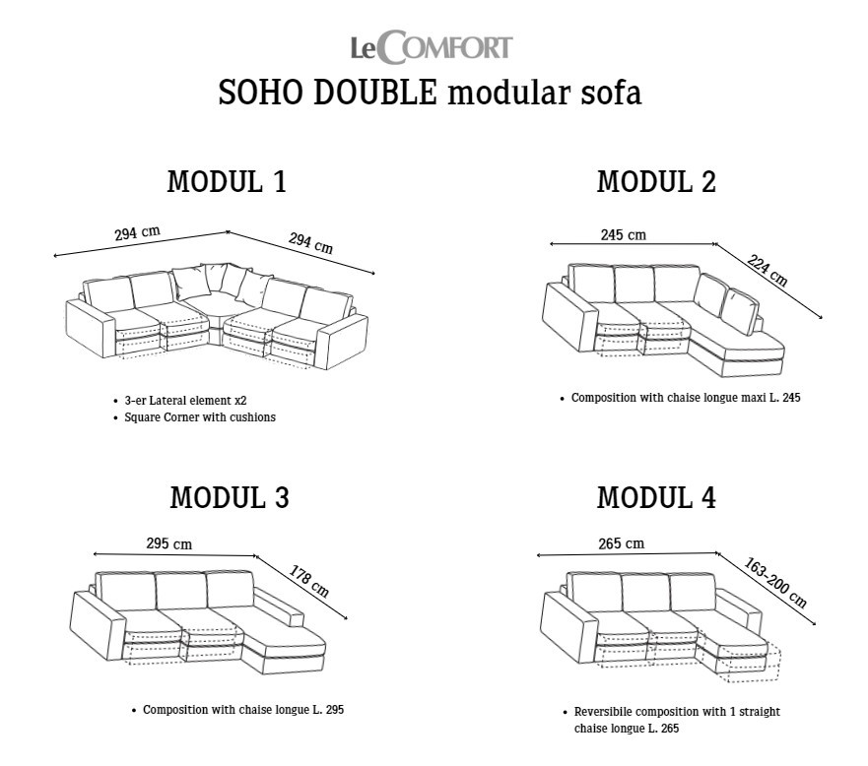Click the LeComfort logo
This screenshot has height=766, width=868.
pyautogui.click(x=432, y=47)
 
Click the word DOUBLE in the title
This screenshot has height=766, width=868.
pyautogui.click(x=375, y=93)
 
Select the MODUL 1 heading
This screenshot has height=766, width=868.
pyautogui.click(x=227, y=182)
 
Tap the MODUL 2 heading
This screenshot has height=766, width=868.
pyautogui.click(x=656, y=182)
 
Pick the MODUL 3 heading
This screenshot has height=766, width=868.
pyautogui.click(x=230, y=497)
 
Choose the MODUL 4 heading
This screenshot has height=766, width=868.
pyautogui.click(x=656, y=497)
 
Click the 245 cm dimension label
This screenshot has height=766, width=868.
pyautogui.click(x=624, y=235)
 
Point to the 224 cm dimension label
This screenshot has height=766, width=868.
pyautogui.click(x=767, y=270)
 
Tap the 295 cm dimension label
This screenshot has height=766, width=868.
pyautogui.click(x=168, y=543)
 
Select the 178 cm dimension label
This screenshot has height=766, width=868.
pyautogui.click(x=309, y=581)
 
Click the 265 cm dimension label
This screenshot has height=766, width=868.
pyautogui.click(x=621, y=543)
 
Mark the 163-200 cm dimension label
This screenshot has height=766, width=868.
pyautogui.click(x=775, y=583)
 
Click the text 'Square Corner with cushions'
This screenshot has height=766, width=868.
pyautogui.click(x=200, y=417)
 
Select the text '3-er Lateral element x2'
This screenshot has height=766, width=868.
pyautogui.click(x=185, y=401)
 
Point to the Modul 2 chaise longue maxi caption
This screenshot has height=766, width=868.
pyautogui.click(x=686, y=398)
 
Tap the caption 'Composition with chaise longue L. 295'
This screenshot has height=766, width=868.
pyautogui.click(x=243, y=710)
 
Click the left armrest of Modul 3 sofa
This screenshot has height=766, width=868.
pyautogui.click(x=98, y=625)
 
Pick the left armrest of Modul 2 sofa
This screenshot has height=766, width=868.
pyautogui.click(x=569, y=317)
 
